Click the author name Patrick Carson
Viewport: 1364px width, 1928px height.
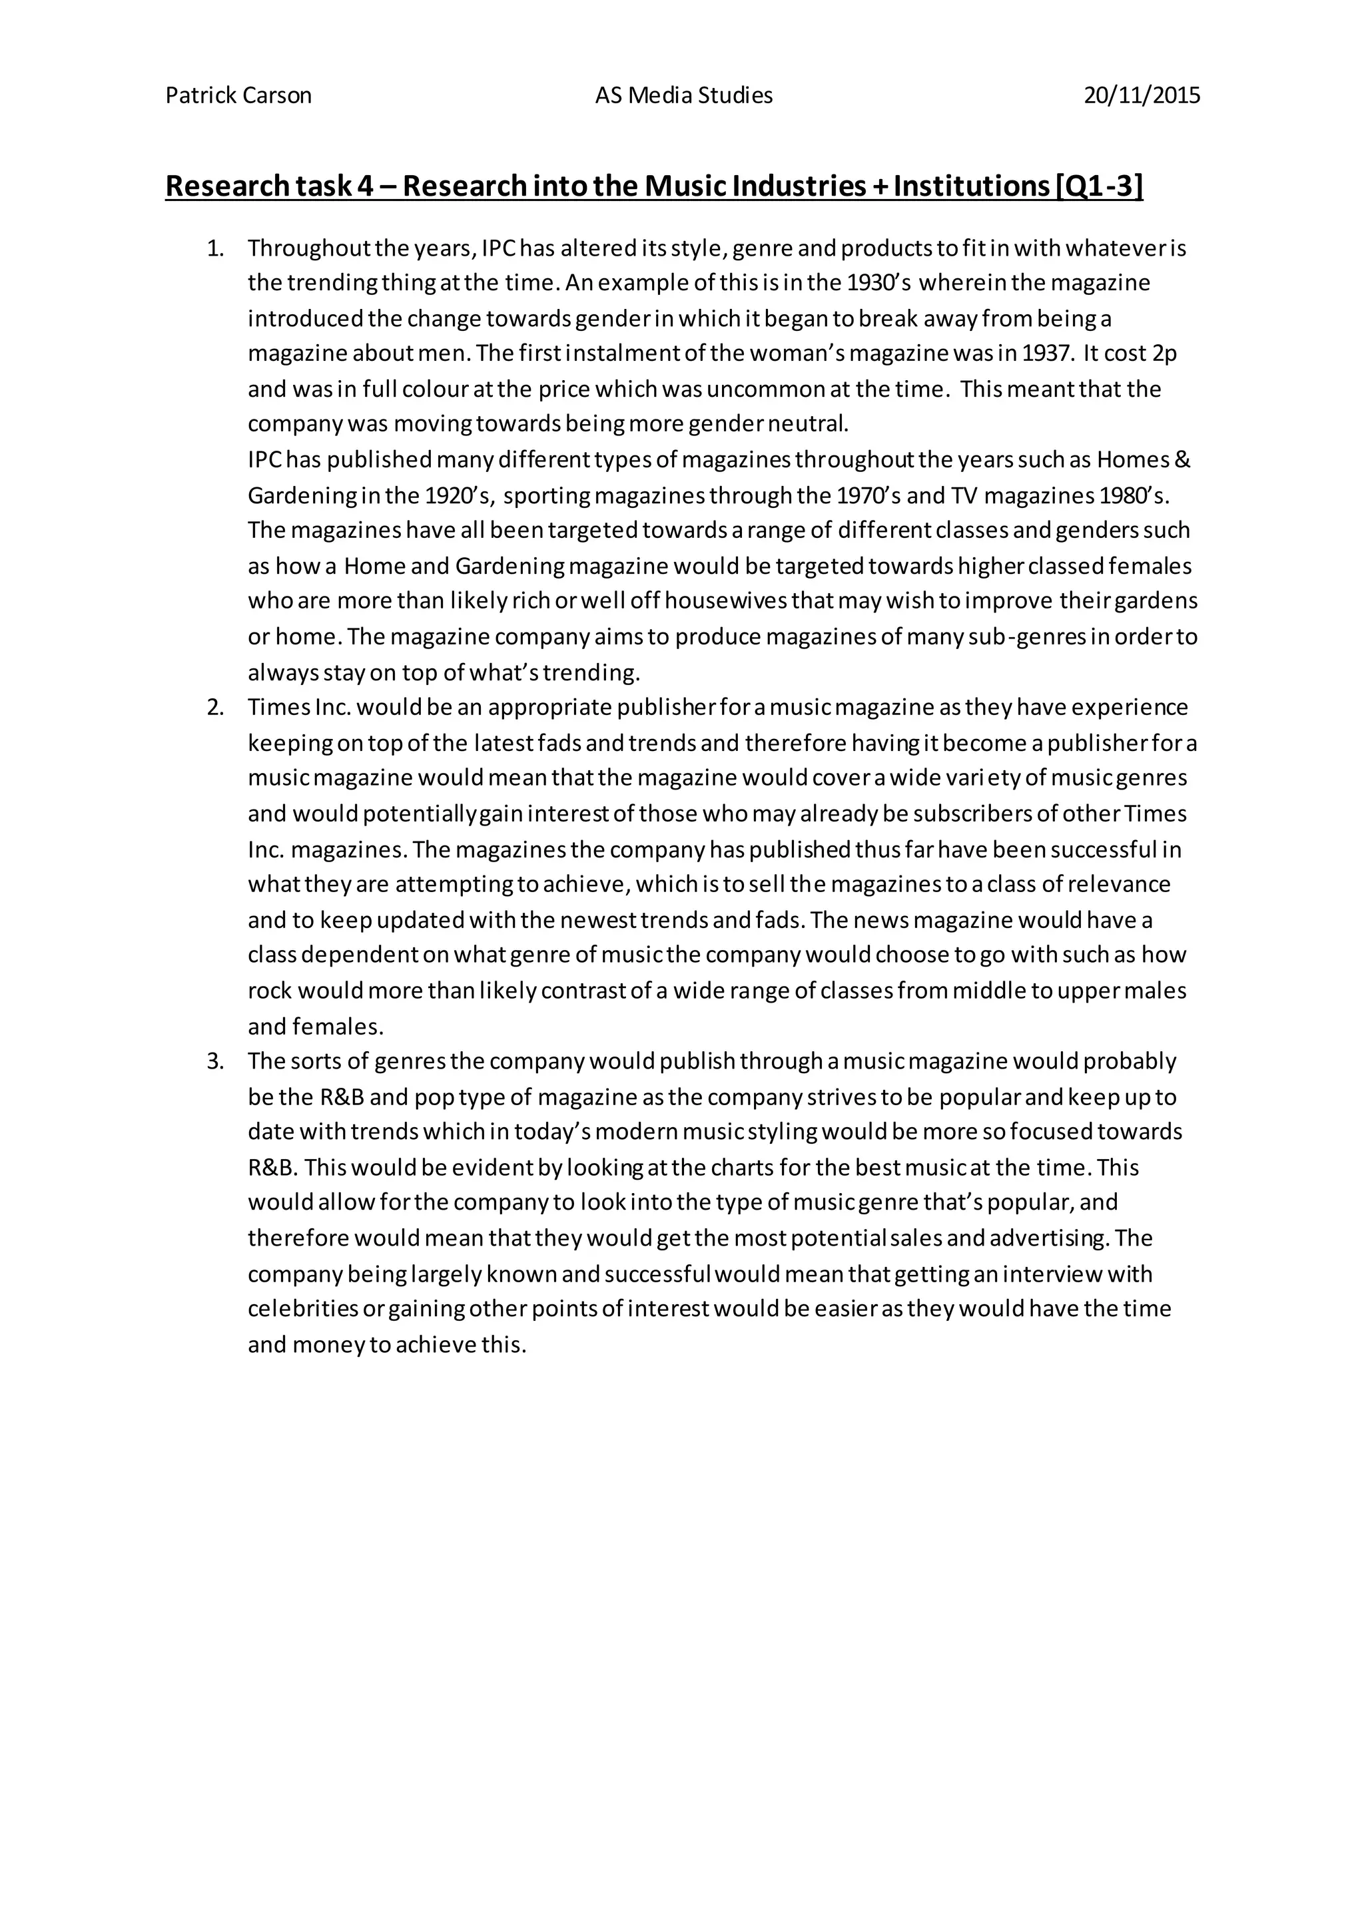pyautogui.click(x=238, y=96)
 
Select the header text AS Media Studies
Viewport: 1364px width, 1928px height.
pyautogui.click(x=684, y=96)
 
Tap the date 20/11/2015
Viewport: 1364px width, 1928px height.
pyautogui.click(x=1142, y=96)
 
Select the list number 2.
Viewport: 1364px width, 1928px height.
pyautogui.click(x=216, y=707)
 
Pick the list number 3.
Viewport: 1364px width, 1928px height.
pyautogui.click(x=216, y=1061)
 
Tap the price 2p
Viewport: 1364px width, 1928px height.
pyautogui.click(x=1164, y=354)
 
